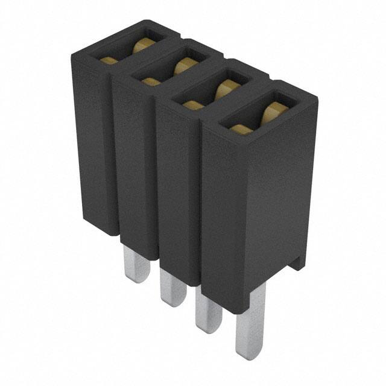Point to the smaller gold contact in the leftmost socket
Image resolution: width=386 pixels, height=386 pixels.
[110, 60]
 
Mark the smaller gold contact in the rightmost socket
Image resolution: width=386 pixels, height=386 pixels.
[241, 128]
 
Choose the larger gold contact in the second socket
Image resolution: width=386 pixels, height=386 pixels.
[184, 66]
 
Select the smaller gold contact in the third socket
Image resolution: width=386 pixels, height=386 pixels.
[193, 106]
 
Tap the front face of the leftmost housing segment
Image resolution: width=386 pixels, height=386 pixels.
[93, 145]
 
